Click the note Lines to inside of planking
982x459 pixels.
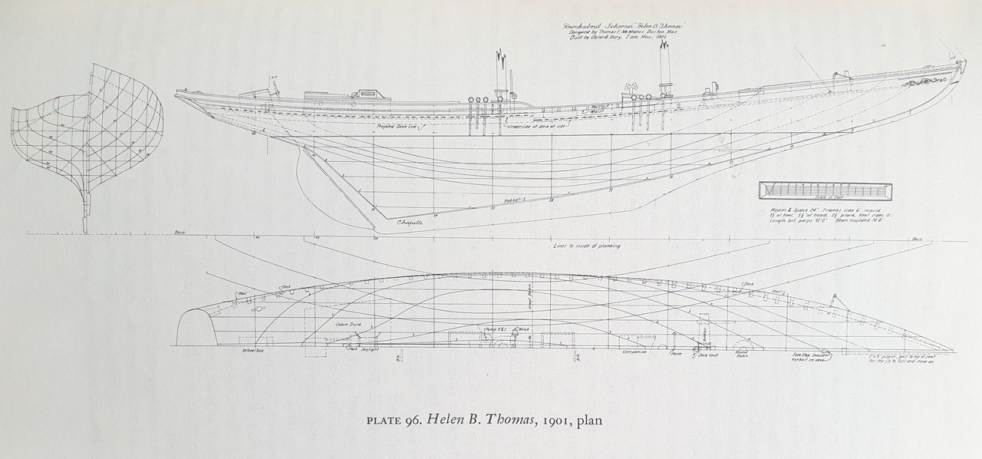click(x=587, y=246)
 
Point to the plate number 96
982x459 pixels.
click(x=403, y=421)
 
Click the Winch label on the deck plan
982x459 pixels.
click(x=525, y=329)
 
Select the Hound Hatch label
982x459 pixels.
click(x=745, y=355)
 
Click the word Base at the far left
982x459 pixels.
click(x=181, y=231)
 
